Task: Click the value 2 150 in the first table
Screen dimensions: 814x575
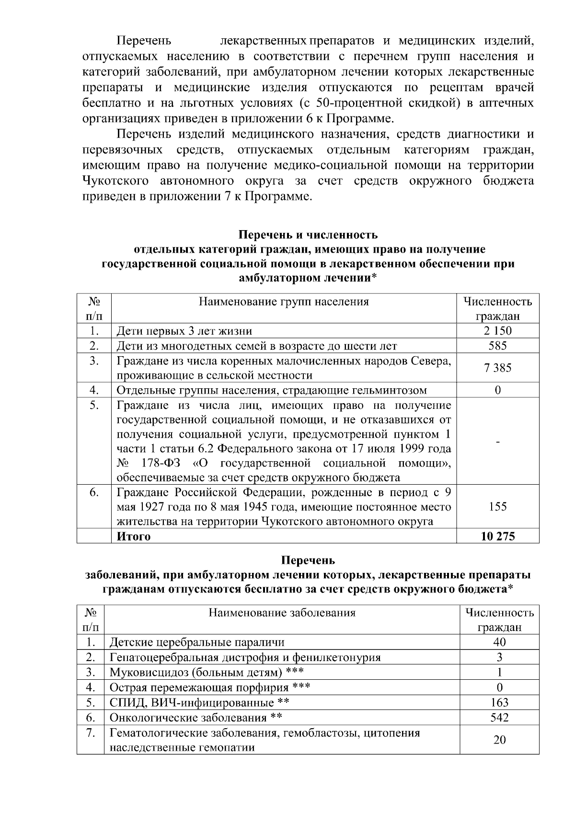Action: [497, 331]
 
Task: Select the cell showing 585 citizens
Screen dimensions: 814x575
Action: [497, 346]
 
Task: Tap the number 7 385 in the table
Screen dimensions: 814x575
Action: [497, 368]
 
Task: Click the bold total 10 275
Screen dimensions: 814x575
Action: [497, 536]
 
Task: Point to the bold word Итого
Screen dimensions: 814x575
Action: [134, 536]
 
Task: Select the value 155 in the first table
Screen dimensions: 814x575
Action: [497, 507]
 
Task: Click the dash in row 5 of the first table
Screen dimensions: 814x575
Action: [497, 442]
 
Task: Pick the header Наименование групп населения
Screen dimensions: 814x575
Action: [284, 302]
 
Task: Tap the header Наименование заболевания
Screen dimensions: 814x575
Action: [282, 613]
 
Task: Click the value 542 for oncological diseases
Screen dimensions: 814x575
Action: [499, 718]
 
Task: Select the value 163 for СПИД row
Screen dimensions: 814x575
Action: [499, 703]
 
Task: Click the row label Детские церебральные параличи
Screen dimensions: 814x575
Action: [197, 642]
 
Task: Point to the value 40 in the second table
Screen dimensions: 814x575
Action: [499, 642]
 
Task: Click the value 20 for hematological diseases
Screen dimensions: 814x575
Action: [499, 740]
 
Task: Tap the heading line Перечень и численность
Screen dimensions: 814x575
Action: [308, 235]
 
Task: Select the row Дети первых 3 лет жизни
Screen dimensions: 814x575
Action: [184, 331]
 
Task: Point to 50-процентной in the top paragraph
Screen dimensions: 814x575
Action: [362, 103]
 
